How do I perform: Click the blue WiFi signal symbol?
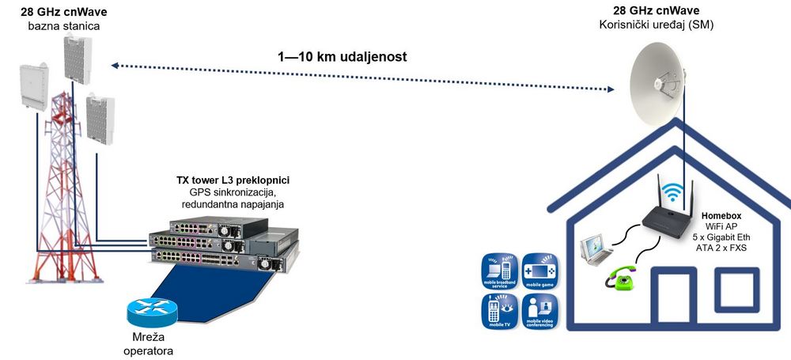pos(672,192)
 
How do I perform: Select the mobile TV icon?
pos(501,312)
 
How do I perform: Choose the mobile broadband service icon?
pos(501,271)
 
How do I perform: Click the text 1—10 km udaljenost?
pos(343,57)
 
